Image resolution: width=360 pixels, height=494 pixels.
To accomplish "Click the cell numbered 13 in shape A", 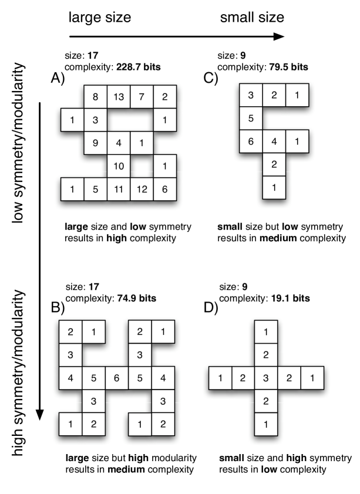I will coord(118,97).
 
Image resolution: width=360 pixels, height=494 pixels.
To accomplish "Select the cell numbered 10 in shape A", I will coord(118,167).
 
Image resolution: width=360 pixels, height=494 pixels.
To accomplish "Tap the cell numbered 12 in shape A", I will coord(141,190).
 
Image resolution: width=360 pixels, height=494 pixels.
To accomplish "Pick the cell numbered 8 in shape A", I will coord(95,97).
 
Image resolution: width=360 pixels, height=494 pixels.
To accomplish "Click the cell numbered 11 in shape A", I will coord(118,190).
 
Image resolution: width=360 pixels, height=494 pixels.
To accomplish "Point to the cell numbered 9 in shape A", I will coord(95,143).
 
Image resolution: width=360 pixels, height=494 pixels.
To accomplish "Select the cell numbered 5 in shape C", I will coord(250,119).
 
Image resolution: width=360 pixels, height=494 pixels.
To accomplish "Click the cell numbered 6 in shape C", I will coord(250,141).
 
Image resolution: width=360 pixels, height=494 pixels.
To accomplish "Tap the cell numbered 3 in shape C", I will coord(250,96).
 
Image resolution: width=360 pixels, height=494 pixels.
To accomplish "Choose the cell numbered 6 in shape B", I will coord(116,378).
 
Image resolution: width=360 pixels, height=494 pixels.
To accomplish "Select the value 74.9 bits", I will coord(134,297).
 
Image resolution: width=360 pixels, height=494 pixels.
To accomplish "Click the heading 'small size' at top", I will coord(252,18).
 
